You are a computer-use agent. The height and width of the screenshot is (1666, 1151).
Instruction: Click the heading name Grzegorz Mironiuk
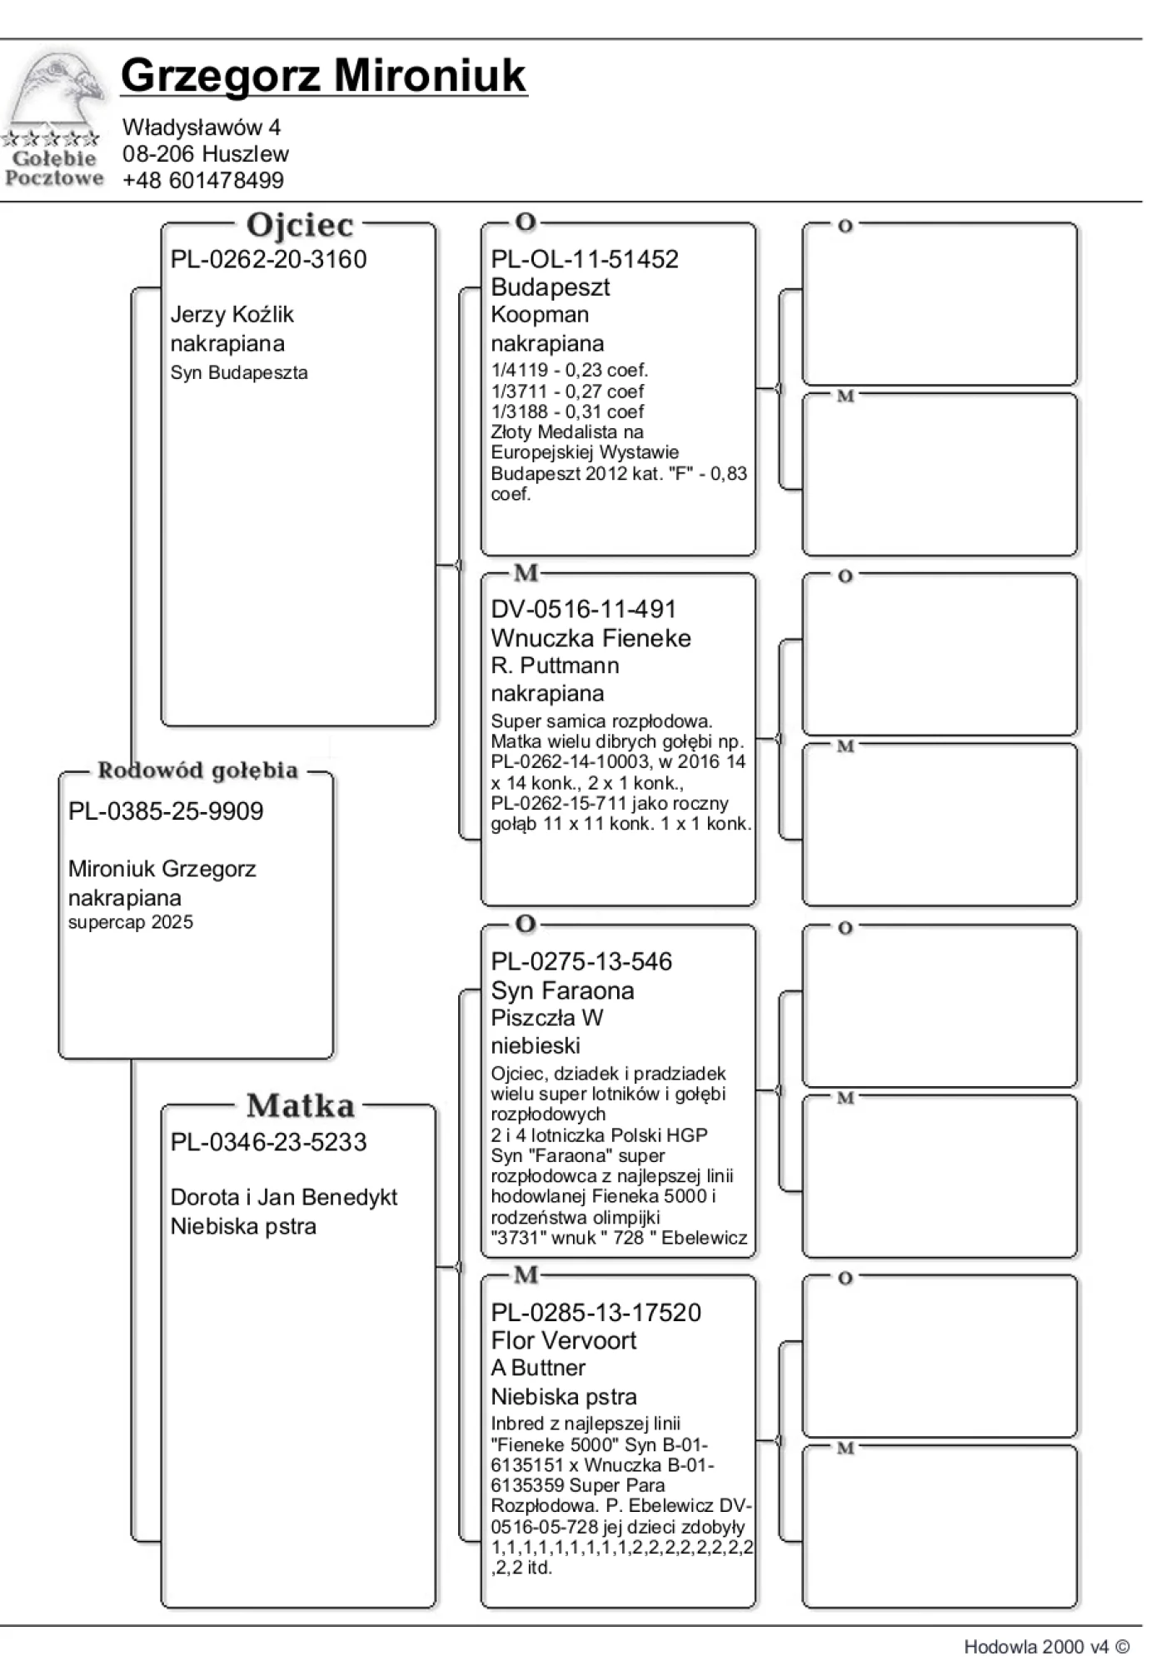(323, 76)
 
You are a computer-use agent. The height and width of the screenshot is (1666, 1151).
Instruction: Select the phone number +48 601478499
(202, 180)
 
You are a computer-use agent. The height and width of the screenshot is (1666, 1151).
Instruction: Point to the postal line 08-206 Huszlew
(205, 153)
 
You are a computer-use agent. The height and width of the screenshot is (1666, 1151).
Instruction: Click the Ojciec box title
(300, 225)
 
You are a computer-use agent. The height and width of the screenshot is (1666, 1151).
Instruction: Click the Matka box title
(300, 1106)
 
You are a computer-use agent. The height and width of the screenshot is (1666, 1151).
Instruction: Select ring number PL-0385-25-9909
(166, 811)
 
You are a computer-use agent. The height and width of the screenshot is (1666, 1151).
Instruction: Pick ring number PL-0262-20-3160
(268, 259)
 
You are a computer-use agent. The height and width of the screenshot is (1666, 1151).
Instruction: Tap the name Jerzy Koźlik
(232, 314)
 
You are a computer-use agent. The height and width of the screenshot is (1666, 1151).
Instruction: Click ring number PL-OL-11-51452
(584, 259)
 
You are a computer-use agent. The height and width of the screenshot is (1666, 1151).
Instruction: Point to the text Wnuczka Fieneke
(590, 638)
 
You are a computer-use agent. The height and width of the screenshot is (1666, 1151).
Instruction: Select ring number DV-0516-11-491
(583, 609)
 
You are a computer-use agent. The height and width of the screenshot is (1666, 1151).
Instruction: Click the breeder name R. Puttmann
(555, 666)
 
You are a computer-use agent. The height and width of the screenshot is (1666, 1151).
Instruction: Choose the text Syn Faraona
(562, 990)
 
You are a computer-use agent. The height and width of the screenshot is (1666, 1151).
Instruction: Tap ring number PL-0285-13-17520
(595, 1312)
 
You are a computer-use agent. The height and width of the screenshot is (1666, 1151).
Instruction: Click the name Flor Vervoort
(563, 1340)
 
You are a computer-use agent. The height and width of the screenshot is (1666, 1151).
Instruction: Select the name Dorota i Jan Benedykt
(283, 1197)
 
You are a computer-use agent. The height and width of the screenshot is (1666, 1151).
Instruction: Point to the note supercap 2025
(130, 922)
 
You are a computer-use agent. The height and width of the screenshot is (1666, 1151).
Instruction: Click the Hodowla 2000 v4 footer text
(1046, 1646)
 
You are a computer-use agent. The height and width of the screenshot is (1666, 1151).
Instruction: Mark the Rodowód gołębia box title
(197, 771)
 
